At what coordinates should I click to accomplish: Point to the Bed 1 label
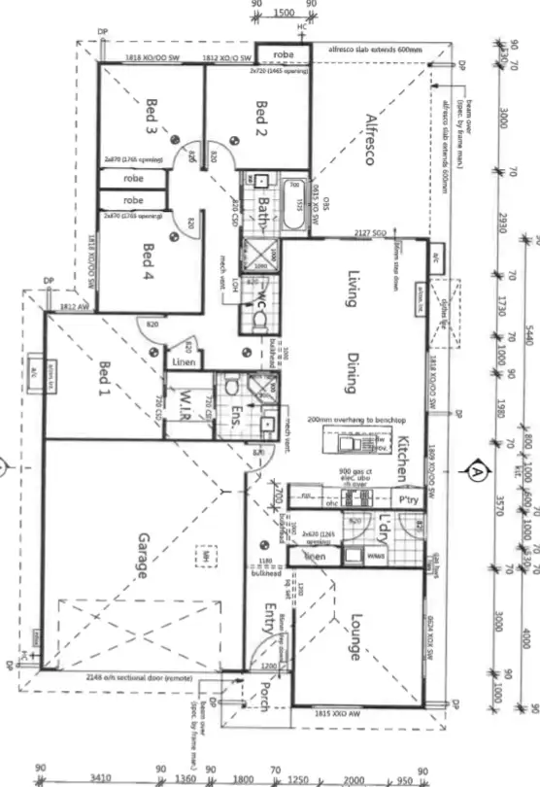[105, 378]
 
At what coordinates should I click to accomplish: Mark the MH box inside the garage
[205, 557]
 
